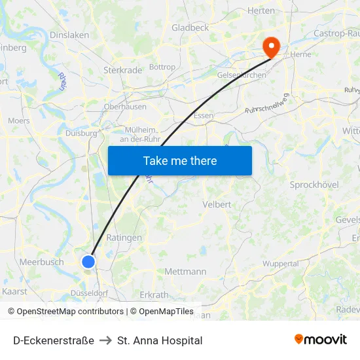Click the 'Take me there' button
179,160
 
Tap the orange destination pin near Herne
270,46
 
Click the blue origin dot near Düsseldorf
88,262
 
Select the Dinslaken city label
69,35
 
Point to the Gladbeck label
190,27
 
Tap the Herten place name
261,10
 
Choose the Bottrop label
162,67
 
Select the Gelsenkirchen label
241,75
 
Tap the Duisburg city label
81,133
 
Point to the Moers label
18,120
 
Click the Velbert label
217,204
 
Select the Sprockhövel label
314,185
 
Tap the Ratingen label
124,238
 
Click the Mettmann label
185,271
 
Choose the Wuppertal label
280,263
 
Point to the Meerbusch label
42,262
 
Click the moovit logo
321,339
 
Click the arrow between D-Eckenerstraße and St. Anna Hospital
105,340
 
